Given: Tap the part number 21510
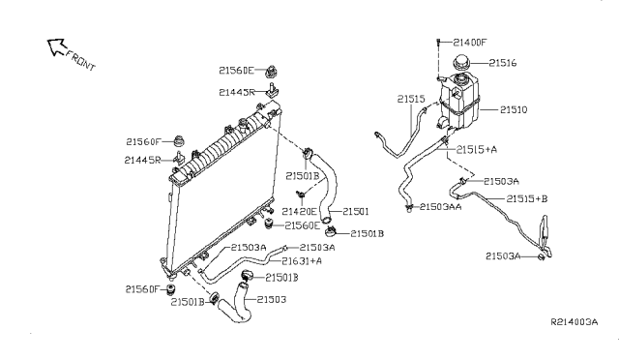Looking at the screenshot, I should pos(514,110).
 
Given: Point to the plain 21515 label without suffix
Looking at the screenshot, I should pos(411,98).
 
